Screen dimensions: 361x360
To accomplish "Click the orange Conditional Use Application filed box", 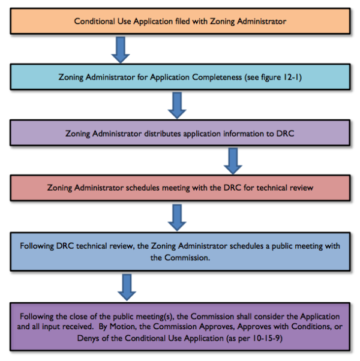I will (x=180, y=21).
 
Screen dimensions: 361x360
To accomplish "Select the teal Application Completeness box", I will (x=180, y=77).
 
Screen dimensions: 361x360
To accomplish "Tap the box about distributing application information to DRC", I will (x=180, y=133).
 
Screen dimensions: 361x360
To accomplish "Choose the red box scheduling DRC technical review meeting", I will (x=180, y=188).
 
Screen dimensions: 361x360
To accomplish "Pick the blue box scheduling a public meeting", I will (x=180, y=251).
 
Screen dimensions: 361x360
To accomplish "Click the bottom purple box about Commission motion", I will (x=180, y=326).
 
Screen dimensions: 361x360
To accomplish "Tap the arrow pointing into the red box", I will (x=232, y=160).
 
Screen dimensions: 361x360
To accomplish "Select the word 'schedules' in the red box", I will (x=142, y=188).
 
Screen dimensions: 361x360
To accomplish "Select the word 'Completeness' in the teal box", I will (x=221, y=77).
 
